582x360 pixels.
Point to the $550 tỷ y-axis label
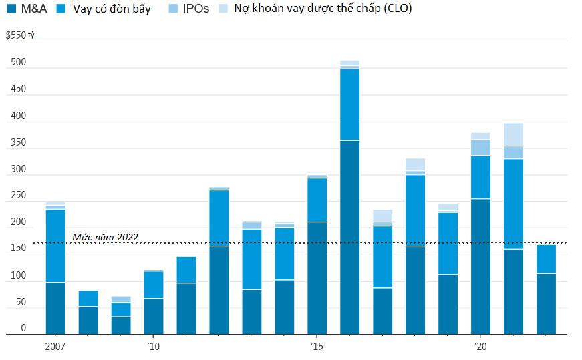(x=19, y=35)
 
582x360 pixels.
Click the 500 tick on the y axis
(x=18, y=63)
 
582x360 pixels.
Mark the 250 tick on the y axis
(x=18, y=196)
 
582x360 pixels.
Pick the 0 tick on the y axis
(x=23, y=328)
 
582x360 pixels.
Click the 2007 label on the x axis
(x=55, y=346)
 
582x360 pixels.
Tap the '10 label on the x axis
(x=153, y=346)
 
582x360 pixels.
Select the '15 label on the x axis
(x=317, y=346)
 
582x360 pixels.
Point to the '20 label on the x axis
(x=480, y=346)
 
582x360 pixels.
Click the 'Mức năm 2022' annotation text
(x=105, y=237)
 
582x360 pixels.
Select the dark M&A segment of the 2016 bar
(x=349, y=237)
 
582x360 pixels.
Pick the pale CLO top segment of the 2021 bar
(x=513, y=134)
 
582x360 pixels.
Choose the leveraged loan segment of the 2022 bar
(x=546, y=259)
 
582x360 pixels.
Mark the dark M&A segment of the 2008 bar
(x=88, y=320)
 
